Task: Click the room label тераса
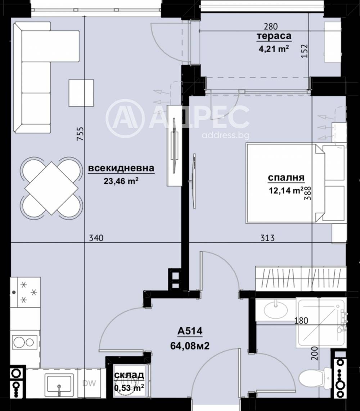coord(274,36)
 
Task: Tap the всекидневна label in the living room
coord(121,168)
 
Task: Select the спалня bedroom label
coord(286,178)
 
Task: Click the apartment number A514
coord(190,331)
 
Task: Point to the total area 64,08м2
coord(190,346)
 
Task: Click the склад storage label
coord(129,375)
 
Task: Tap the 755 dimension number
coord(80,134)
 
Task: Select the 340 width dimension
coord(96,238)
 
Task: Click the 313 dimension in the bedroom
coord(267,238)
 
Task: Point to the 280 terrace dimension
coord(271,27)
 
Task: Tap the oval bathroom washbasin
coord(275,310)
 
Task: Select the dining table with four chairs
coord(51,188)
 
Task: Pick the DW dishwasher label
coord(89,383)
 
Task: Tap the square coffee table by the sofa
coord(81,93)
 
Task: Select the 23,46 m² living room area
coord(121,181)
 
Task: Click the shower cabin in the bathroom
coord(321,322)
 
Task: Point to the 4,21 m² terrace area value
coord(274,49)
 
